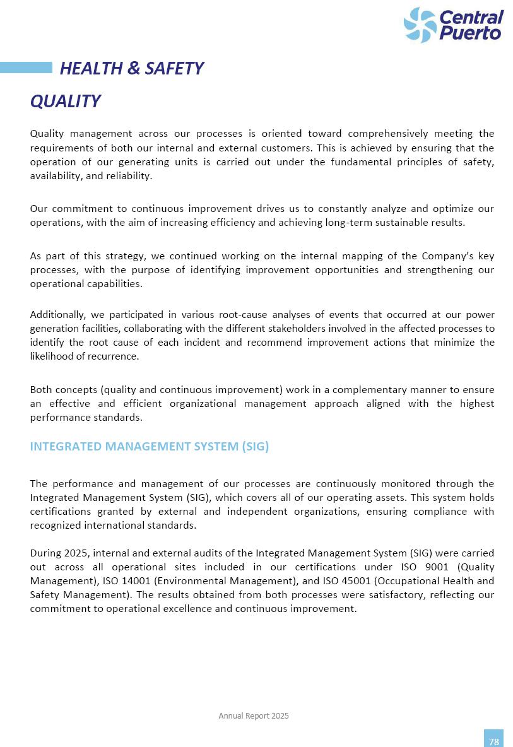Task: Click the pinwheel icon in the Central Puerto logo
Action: (x=420, y=25)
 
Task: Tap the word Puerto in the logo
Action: (x=471, y=32)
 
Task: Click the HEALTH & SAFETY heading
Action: (x=131, y=68)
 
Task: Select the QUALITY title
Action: (x=65, y=101)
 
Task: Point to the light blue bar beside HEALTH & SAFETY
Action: (x=26, y=68)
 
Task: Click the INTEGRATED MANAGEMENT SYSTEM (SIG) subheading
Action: (x=150, y=447)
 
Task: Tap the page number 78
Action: (x=493, y=741)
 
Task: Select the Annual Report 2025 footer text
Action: (x=254, y=715)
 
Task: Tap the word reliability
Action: (x=131, y=175)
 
